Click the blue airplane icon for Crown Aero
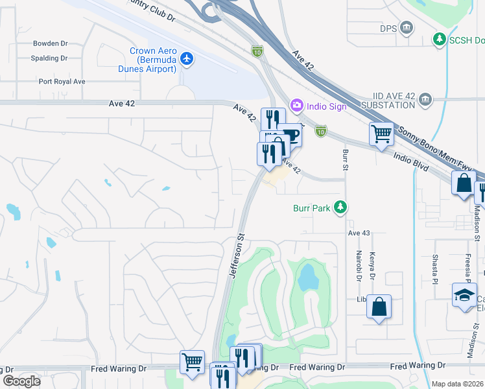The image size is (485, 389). (x=187, y=59)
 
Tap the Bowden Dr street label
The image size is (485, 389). (x=51, y=43)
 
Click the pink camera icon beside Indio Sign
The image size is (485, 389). (x=296, y=104)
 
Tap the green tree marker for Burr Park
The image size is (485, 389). (x=340, y=208)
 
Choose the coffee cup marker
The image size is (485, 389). (x=291, y=136)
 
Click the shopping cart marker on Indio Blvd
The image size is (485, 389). (x=382, y=134)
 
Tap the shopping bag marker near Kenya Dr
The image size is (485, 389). (x=379, y=305)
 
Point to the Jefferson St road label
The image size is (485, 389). (x=237, y=256)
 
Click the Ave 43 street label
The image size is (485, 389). (x=359, y=233)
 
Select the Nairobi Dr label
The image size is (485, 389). (x=358, y=266)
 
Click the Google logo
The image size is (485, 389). (x=21, y=381)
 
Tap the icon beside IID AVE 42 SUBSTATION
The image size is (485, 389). (x=426, y=99)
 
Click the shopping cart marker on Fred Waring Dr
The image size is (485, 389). (x=192, y=362)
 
